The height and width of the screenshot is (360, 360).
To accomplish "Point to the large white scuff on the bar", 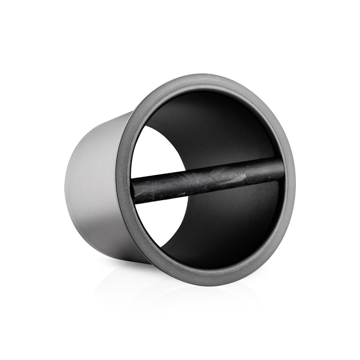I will (238, 177).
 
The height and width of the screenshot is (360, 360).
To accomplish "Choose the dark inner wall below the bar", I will (231, 231).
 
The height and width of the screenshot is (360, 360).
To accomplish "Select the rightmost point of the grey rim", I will (295, 177).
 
